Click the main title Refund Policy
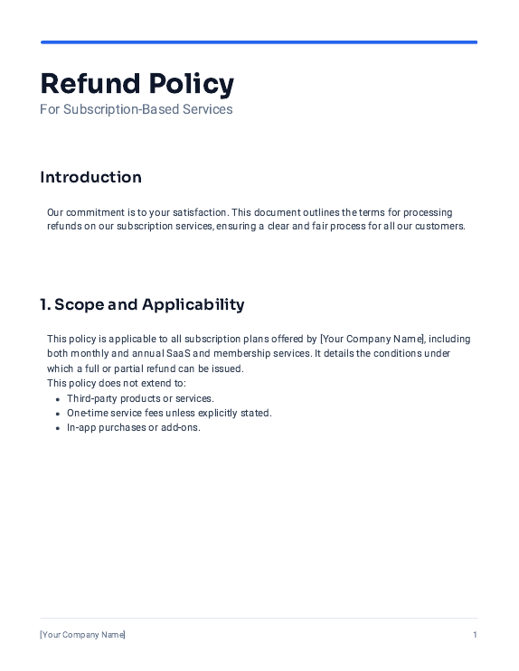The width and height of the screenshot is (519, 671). [x=137, y=83]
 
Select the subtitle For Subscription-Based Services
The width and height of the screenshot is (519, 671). [x=136, y=109]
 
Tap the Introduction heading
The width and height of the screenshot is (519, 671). [x=90, y=177]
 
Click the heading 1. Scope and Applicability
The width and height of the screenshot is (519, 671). [x=142, y=304]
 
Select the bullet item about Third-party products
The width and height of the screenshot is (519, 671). [x=140, y=398]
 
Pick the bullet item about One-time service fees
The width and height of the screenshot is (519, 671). [x=169, y=413]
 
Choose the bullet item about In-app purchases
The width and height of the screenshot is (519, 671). [x=133, y=427]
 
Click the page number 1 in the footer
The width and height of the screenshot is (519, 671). [x=475, y=635]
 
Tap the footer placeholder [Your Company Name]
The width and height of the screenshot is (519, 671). [x=82, y=635]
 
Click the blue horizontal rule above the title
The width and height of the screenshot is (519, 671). [x=259, y=42]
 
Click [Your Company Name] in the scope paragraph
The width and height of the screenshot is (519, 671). [x=372, y=340]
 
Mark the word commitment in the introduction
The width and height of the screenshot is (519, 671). [x=93, y=211]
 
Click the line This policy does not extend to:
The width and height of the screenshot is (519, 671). [x=117, y=384]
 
